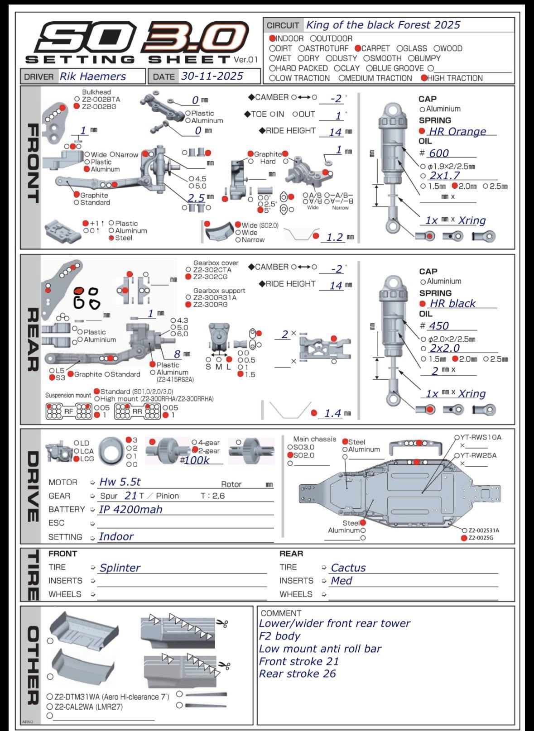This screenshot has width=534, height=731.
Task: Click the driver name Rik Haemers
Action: [93, 76]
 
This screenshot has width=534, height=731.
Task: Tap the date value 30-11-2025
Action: [212, 76]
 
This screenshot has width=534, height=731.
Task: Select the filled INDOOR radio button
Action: [272, 38]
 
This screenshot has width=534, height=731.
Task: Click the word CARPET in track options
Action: [375, 48]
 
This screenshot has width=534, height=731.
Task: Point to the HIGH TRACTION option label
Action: [455, 78]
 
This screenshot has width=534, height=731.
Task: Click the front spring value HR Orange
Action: [457, 131]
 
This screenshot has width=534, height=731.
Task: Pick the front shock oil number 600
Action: [439, 153]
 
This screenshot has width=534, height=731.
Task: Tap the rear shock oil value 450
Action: [439, 326]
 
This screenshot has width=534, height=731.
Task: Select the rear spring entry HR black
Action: [452, 303]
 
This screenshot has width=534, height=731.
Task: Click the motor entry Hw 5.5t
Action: [120, 482]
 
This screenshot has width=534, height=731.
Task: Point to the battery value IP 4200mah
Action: [130, 509]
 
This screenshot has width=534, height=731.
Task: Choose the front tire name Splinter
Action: [120, 568]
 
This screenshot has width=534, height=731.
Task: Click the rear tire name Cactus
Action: [348, 568]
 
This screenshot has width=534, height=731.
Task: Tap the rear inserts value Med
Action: [342, 581]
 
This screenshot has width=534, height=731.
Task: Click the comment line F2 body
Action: [279, 636]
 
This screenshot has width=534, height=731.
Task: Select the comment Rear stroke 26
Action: [297, 674]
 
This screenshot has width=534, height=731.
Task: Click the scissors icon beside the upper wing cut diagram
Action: [222, 623]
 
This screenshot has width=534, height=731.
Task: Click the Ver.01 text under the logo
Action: [246, 59]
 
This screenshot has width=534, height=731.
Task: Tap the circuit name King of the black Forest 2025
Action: [383, 25]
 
